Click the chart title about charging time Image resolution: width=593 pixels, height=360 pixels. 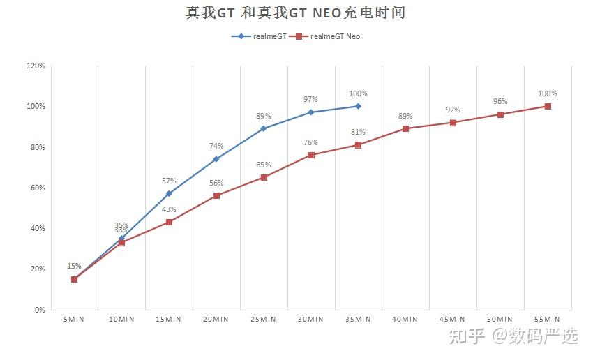point(295,13)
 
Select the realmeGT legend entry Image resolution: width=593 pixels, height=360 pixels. point(259,36)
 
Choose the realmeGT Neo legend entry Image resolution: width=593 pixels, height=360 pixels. point(325,36)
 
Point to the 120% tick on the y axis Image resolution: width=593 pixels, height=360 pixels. point(36,66)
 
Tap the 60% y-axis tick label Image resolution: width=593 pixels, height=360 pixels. point(38,188)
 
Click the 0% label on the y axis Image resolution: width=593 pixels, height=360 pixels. point(40,310)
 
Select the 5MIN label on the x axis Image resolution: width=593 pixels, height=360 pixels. point(74,320)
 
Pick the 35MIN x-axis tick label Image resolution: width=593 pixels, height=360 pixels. point(358,320)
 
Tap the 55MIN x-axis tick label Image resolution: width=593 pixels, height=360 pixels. point(547,320)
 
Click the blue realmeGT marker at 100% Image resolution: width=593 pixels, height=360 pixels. point(358,106)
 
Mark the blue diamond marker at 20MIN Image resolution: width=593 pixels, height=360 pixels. point(216,159)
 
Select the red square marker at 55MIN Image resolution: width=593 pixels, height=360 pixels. point(548,106)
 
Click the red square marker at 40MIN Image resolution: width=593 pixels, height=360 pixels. point(405,128)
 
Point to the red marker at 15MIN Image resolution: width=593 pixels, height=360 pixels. point(169,222)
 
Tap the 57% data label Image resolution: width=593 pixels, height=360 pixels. point(169,181)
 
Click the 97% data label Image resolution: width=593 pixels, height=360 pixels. point(310,99)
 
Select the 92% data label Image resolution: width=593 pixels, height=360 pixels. point(453,110)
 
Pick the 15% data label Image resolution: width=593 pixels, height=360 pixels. point(74,266)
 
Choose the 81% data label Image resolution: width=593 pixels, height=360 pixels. point(358,132)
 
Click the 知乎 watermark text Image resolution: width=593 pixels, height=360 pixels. point(467,336)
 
